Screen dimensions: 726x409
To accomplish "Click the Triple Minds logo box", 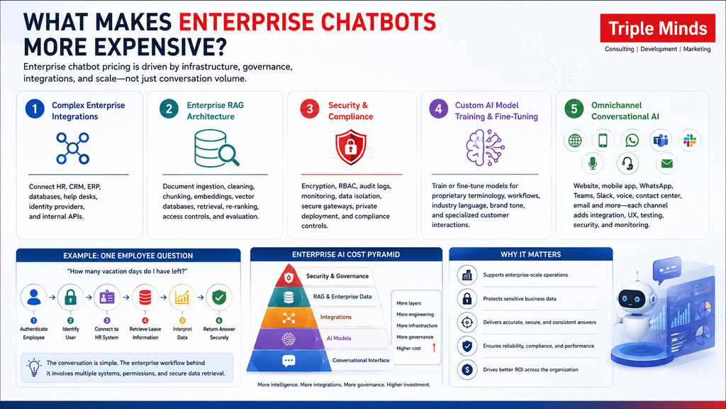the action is tap(657, 28).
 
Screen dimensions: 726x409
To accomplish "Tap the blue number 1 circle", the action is tap(35, 109).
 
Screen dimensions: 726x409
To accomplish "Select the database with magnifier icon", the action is tap(216, 148).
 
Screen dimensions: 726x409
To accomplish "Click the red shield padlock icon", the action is tap(351, 148).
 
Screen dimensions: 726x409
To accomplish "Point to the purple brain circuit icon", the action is tap(485, 148).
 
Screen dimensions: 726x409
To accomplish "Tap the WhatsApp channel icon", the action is tap(632, 140).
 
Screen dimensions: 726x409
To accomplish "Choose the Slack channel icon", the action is tap(689, 140).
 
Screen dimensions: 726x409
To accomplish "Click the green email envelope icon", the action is tap(666, 163).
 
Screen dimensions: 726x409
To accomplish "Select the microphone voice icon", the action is tap(592, 163).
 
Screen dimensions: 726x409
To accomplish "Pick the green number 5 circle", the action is tap(574, 109).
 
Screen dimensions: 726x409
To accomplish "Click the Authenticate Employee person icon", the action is tap(33, 298).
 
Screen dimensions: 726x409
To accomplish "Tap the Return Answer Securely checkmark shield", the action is tap(219, 298).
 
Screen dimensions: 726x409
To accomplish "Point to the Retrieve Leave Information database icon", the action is tap(145, 298).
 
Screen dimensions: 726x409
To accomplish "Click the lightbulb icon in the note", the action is tap(34, 367).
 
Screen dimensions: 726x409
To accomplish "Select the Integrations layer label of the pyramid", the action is tap(335, 317).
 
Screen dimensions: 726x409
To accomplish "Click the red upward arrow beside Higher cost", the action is tap(434, 348).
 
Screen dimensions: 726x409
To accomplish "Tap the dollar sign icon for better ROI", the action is tap(467, 369).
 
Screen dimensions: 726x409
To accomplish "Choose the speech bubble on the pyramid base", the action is tap(289, 361).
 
